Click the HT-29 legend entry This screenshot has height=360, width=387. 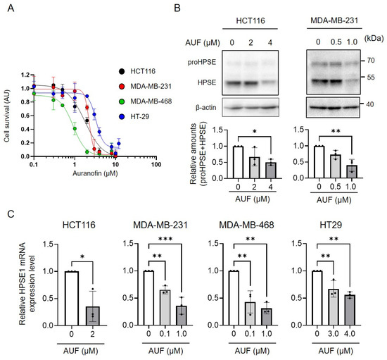coord(134,116)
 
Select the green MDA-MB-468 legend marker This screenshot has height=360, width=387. coord(122,101)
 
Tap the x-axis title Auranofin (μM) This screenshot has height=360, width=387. coord(95,173)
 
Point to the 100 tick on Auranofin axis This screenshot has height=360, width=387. coord(156,165)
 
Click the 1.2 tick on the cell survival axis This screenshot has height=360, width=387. coord(25,75)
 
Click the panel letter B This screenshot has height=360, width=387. coord(177,8)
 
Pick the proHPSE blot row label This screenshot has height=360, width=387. coord(202,62)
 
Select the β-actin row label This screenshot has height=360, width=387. coord(206,108)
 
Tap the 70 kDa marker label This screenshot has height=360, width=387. coord(370,61)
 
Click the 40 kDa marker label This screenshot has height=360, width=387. coord(369,104)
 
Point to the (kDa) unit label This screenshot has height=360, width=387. coord(374,38)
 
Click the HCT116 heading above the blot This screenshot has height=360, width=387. coord(250,20)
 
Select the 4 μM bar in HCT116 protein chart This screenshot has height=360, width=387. coord(271,170)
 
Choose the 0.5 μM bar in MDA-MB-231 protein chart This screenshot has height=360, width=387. coord(335,166)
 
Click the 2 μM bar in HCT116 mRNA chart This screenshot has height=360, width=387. coord(93,316)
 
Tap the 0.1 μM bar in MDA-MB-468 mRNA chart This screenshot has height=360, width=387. coord(250,314)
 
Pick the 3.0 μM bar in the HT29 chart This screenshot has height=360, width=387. coord(334,307)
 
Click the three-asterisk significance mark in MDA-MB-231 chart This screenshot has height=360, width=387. coord(165,239)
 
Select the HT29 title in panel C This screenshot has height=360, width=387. coord(331,225)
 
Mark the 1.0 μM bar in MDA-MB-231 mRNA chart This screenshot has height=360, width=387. coord(182,316)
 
